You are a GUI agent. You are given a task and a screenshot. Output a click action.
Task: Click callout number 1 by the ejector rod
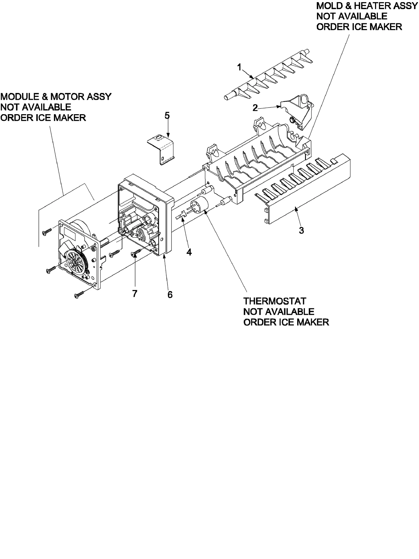click(x=239, y=67)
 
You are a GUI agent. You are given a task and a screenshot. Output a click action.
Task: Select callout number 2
click(x=255, y=108)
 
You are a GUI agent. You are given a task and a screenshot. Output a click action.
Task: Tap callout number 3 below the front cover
click(x=301, y=231)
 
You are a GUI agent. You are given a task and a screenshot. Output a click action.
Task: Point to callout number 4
click(x=189, y=252)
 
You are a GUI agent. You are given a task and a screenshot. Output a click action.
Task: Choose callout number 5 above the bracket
click(x=167, y=116)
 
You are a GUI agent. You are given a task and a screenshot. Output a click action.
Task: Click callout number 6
click(x=170, y=295)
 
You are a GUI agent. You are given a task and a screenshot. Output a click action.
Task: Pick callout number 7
click(x=135, y=294)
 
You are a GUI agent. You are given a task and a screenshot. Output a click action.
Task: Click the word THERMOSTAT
click(x=274, y=301)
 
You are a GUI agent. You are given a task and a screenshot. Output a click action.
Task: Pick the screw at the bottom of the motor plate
click(x=79, y=294)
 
